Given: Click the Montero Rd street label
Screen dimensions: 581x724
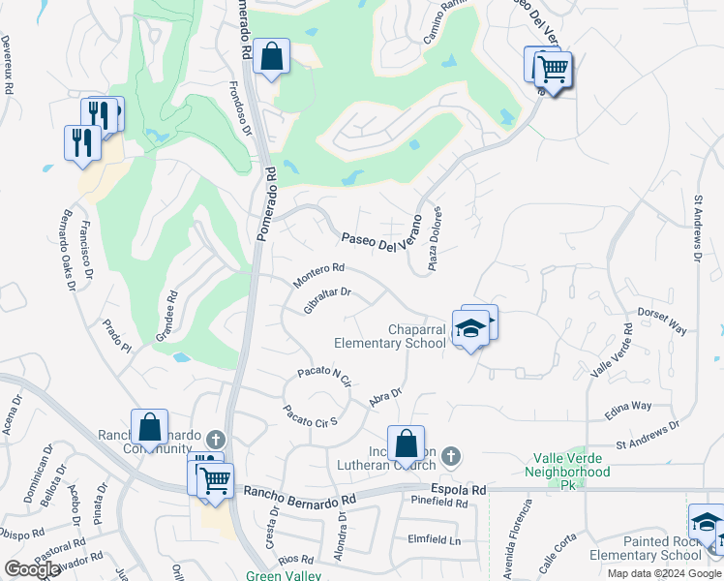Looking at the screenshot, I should [319, 274].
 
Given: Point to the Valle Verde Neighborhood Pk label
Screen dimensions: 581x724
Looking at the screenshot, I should [568, 472].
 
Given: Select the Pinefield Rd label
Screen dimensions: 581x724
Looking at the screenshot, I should [439, 504].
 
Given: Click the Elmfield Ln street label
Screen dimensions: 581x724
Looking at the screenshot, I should [434, 539].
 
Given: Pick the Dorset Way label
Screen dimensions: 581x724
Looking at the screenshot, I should [662, 322].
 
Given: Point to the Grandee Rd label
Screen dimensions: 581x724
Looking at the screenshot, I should [166, 318].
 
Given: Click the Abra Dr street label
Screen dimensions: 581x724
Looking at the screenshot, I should [385, 398].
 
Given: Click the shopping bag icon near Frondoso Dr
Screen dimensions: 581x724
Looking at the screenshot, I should [272, 57].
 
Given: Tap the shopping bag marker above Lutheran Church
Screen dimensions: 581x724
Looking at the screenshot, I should [407, 443].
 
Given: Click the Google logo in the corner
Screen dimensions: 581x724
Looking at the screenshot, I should [33, 569].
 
